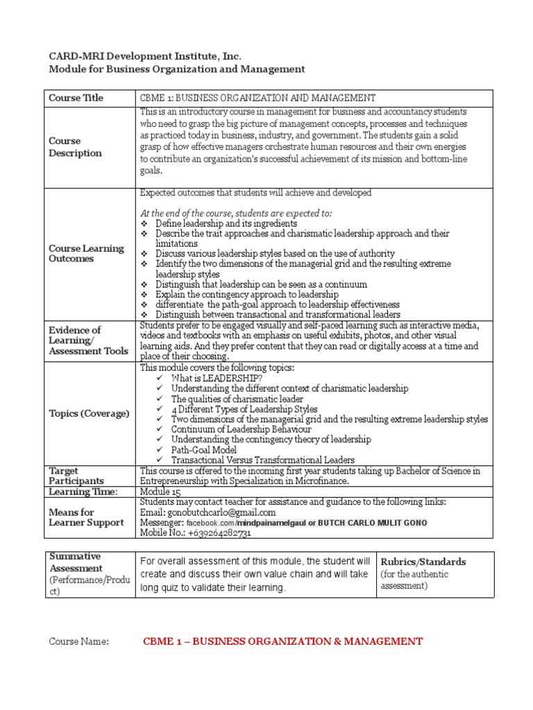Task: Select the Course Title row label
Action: [x=76, y=98]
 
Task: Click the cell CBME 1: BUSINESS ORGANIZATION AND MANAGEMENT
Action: [x=257, y=98]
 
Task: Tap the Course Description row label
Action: [x=75, y=147]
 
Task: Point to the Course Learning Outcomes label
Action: [x=86, y=254]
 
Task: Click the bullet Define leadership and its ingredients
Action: [x=226, y=224]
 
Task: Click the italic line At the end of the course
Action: [x=236, y=213]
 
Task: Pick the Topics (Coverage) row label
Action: [x=89, y=413]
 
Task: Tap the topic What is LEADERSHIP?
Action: [x=217, y=378]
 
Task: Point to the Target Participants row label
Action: [x=76, y=476]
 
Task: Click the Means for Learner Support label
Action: [x=86, y=517]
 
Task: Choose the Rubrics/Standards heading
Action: [x=423, y=562]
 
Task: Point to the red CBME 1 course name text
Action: [x=282, y=641]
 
